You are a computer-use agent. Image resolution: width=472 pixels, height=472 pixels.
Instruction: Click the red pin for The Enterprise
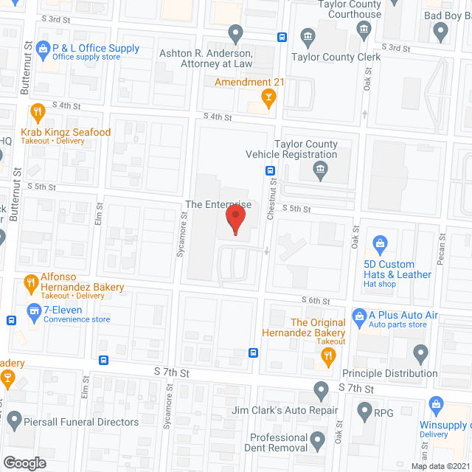pos(235,219)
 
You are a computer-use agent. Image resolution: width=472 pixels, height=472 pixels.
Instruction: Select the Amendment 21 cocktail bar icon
pos(270,96)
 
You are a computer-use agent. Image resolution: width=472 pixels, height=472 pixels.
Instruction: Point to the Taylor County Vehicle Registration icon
pos(320,172)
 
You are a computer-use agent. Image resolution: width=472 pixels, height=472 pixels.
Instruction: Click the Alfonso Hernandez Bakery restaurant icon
pos(31,281)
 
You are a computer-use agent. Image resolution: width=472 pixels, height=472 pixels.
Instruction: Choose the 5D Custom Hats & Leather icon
pos(381,243)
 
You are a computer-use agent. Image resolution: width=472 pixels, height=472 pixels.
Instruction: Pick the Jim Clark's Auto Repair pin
pos(321,389)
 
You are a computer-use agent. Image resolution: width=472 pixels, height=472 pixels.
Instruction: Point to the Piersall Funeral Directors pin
pos(14,422)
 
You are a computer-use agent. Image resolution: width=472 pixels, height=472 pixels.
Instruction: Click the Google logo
pos(24,462)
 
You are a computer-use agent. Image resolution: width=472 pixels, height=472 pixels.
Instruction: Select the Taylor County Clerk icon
pos(308,35)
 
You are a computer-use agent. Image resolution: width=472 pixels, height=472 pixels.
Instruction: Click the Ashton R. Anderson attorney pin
pos(235,32)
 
